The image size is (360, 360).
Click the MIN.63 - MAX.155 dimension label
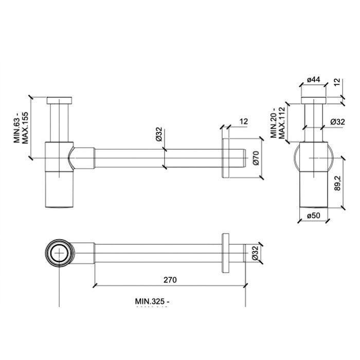coord(20,126)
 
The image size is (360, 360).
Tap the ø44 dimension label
coord(313,79)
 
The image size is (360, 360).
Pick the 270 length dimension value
coord(170,280)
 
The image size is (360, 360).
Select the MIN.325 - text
coord(152,301)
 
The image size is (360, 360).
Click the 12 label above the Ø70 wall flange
coord(244,121)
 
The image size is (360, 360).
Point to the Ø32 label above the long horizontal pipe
coord(158,135)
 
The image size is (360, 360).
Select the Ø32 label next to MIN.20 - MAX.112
coord(337,122)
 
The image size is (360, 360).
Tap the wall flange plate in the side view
coord(226,158)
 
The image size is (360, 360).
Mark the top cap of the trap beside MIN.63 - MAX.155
coord(60,100)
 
